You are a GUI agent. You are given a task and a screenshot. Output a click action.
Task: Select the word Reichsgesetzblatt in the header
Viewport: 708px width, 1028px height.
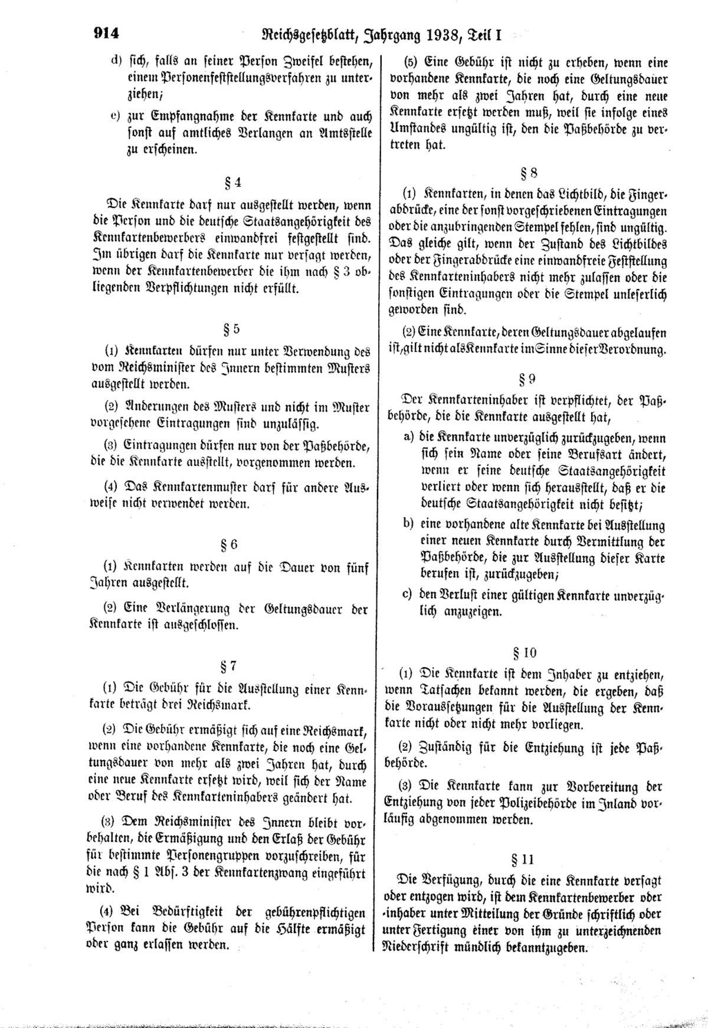303,36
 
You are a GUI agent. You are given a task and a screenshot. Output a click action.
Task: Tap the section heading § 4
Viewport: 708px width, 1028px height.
233,182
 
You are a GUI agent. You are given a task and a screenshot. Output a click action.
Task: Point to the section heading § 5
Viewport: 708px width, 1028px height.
232,328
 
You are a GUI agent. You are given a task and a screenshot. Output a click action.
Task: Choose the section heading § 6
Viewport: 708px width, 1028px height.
231,544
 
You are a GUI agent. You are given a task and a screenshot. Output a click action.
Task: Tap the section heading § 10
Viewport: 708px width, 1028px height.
525,652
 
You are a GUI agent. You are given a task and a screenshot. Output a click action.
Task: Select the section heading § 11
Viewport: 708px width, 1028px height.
523,858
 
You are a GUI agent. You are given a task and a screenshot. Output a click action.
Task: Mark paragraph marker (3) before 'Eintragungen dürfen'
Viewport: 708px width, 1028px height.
110,446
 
